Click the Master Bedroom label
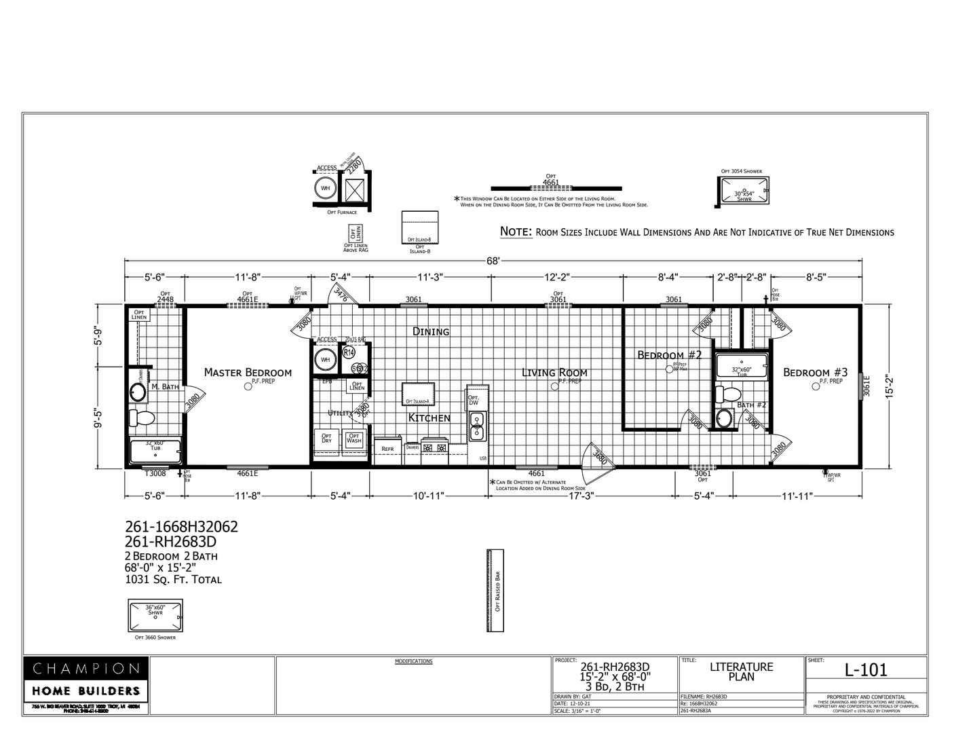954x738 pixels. pyautogui.click(x=248, y=372)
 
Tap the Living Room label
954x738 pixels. pyautogui.click(x=554, y=372)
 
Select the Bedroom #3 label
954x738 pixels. pyautogui.click(x=815, y=372)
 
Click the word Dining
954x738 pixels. pyautogui.click(x=431, y=331)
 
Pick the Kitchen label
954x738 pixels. pyautogui.click(x=429, y=418)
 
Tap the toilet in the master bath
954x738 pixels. pyautogui.click(x=142, y=418)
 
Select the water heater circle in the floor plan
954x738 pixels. pyautogui.click(x=325, y=360)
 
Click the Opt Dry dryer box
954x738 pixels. pyautogui.click(x=326, y=439)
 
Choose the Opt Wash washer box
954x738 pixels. pyautogui.click(x=354, y=439)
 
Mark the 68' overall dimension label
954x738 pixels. pyautogui.click(x=493, y=261)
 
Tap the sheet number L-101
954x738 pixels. pyautogui.click(x=865, y=669)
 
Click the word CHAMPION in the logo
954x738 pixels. pyautogui.click(x=86, y=669)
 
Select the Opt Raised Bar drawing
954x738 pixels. pyautogui.click(x=496, y=590)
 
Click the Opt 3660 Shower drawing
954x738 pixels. pyautogui.click(x=155, y=614)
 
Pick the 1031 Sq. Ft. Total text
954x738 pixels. pyautogui.click(x=173, y=580)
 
